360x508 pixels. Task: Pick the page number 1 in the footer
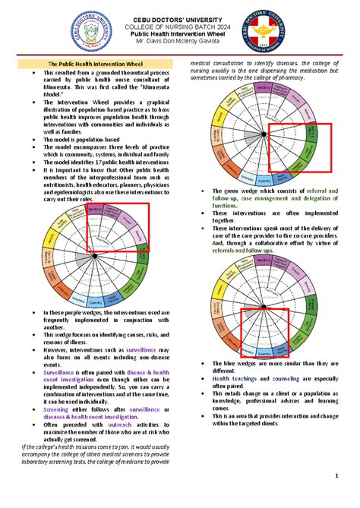pyautogui.click(x=336, y=476)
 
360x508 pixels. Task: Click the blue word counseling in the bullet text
pyautogui.click(x=282, y=377)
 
